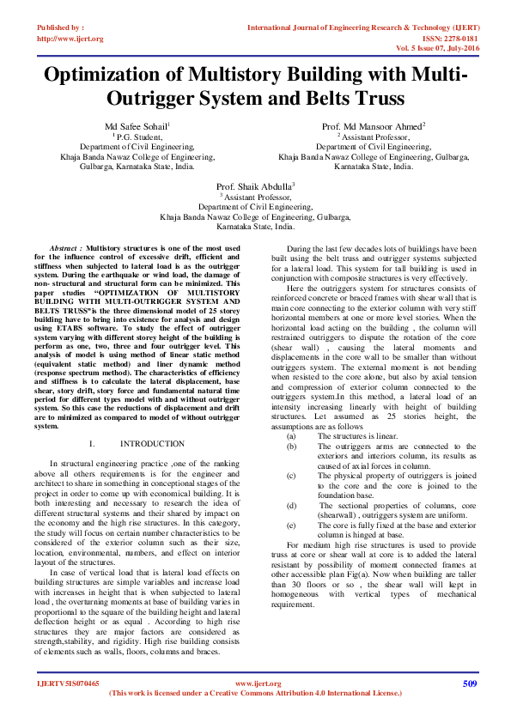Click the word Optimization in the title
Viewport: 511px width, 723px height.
click(113, 76)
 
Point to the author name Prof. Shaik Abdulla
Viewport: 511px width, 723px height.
click(255, 186)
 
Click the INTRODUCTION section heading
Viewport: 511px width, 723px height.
click(152, 444)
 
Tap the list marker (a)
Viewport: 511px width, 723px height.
click(291, 436)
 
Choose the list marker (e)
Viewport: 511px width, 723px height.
click(291, 524)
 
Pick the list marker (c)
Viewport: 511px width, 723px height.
click(291, 475)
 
